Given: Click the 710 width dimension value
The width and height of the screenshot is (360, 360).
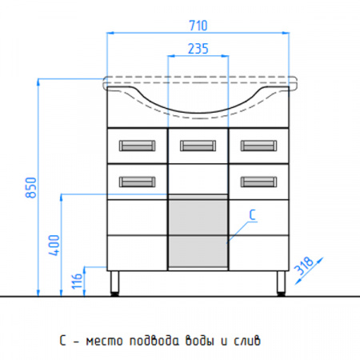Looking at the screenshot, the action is click(x=198, y=26).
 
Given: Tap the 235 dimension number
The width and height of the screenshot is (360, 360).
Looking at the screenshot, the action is click(x=198, y=49).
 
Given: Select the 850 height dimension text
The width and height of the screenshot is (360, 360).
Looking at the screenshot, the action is click(x=31, y=187).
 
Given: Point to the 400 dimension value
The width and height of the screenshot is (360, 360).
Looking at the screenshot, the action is click(x=54, y=245).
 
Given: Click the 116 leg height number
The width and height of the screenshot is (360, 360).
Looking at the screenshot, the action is click(x=78, y=281).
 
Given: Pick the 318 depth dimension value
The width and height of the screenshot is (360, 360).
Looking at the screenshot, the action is click(x=304, y=266).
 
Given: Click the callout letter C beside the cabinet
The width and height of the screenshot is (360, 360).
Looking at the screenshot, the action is click(x=252, y=215).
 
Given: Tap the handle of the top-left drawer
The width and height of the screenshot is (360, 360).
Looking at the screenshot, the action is click(x=137, y=146).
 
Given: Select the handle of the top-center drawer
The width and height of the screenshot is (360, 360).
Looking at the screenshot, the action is click(x=198, y=146).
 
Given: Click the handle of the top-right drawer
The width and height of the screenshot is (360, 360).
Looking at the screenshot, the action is click(x=258, y=146).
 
